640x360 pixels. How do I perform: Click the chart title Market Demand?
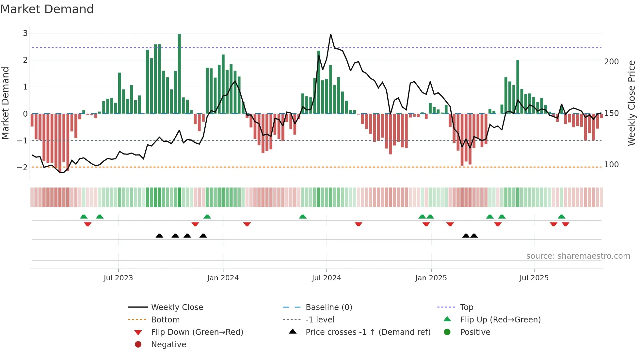(47, 9)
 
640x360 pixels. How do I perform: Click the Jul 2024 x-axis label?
(326, 278)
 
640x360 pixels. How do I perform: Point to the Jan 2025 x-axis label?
(431, 278)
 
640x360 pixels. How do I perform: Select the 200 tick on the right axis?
(611, 62)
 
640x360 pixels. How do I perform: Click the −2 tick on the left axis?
(23, 168)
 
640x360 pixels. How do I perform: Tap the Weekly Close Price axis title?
(632, 103)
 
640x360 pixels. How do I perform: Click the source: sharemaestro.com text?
(578, 256)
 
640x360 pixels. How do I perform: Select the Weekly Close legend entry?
(177, 307)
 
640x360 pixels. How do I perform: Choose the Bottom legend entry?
(165, 320)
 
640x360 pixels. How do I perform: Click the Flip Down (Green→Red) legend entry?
(197, 332)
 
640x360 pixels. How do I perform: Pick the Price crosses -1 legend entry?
(368, 332)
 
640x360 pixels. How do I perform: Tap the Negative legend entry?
(168, 345)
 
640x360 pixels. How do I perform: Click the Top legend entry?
(466, 307)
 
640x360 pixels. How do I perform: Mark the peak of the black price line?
(330, 34)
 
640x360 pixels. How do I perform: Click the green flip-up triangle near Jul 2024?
(303, 217)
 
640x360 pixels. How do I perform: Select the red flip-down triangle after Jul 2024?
(359, 224)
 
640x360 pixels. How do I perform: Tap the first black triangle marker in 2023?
(159, 236)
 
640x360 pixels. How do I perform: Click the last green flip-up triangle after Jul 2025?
(562, 217)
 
